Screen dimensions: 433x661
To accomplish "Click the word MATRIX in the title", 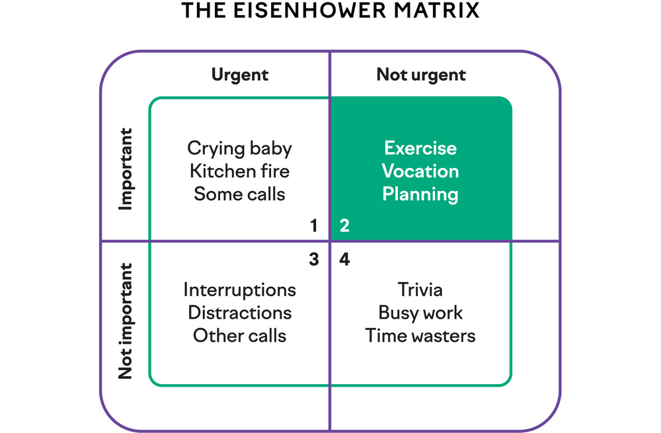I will coord(441,11).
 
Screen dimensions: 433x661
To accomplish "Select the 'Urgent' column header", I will coord(240,75).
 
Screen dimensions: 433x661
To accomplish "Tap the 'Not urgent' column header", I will coord(421,75).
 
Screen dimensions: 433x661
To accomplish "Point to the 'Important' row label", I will coord(126,169).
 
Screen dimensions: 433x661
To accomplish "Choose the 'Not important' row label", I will coord(126,322).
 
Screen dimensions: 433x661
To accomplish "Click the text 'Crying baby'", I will coord(239,148).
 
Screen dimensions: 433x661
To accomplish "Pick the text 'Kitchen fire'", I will coord(239,171).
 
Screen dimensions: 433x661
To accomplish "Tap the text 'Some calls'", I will coord(239,194).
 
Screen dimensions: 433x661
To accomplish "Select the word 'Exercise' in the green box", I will coord(420,148).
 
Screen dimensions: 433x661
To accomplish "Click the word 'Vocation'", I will coord(420,171).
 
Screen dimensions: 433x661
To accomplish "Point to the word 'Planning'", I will coord(420,194).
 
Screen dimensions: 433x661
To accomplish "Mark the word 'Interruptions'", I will coord(239,290).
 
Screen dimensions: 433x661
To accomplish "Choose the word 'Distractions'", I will coord(239,313).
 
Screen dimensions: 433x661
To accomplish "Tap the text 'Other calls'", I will coord(239,336).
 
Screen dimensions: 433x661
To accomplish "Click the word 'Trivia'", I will coord(420,290).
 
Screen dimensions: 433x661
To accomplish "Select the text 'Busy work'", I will coord(420,313).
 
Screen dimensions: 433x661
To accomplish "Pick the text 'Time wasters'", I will coord(420,336).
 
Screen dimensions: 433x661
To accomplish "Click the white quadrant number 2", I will coord(344,226).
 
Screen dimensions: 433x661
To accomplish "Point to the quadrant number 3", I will coord(314,259).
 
